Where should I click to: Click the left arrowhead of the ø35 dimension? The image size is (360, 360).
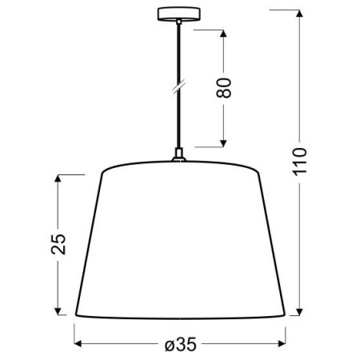click(x=78, y=345)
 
